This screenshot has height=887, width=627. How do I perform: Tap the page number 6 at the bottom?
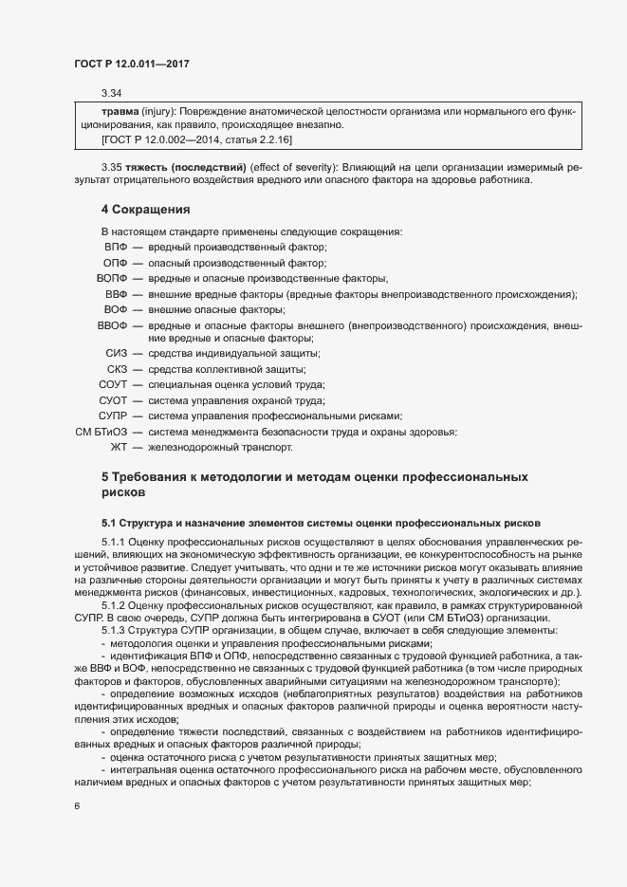[76, 806]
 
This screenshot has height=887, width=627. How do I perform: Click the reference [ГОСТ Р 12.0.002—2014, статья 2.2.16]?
[197, 139]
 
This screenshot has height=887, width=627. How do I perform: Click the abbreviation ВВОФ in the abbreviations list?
[112, 326]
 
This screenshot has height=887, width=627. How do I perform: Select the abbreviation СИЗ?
[117, 354]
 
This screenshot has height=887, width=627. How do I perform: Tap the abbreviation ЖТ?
[119, 447]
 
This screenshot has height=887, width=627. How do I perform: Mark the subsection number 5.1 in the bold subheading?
[108, 522]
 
